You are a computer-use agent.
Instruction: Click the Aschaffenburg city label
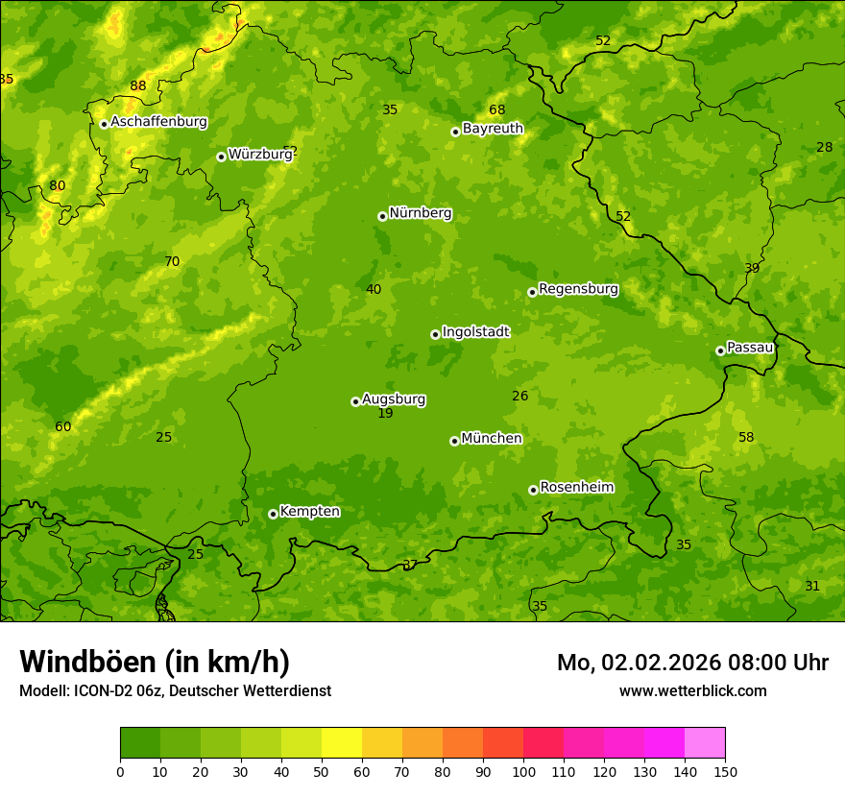158,122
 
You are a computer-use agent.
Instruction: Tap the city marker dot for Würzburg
221,157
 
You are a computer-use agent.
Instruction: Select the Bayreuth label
493,128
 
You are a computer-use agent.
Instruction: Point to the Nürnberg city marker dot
382,216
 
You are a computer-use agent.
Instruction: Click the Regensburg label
578,288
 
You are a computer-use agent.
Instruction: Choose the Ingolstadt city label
475,331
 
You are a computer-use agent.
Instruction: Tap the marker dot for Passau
720,350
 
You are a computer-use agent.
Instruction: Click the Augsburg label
394,398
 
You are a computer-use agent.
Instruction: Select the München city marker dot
454,441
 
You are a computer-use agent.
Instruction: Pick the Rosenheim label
576,487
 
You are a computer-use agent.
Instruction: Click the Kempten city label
309,511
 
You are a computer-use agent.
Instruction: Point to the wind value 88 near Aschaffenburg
138,85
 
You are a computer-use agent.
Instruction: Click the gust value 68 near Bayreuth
496,109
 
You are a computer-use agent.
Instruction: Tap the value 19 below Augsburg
385,413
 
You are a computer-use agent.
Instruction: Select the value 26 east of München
520,396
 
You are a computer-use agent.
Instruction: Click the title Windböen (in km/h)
155,662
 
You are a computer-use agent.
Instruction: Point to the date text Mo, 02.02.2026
639,663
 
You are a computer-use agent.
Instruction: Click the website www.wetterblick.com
692,690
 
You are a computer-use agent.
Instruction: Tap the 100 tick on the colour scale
523,770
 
